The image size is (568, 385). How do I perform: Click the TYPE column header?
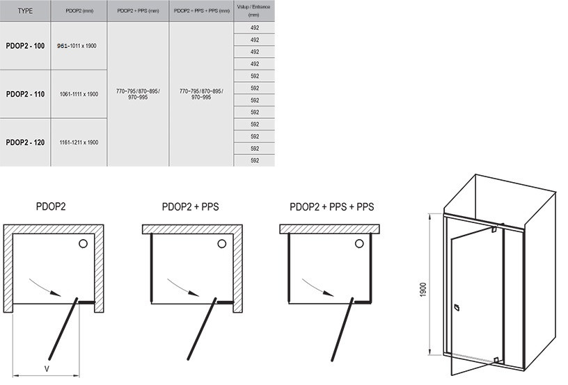coord(25,11)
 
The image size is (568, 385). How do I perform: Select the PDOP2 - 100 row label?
coord(25,46)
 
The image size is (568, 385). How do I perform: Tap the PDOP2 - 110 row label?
coord(25,95)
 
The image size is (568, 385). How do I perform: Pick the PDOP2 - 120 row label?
coord(25,142)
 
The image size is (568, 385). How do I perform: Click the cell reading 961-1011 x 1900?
coord(77,46)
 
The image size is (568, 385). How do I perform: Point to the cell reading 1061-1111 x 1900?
coord(79,95)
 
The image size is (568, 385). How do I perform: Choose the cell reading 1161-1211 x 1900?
coord(79,142)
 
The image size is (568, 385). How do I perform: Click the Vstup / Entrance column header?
coord(253,11)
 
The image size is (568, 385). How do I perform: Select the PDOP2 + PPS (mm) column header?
coord(138,11)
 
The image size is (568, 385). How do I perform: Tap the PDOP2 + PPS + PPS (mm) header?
coord(202,11)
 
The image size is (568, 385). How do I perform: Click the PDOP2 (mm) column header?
coord(79,11)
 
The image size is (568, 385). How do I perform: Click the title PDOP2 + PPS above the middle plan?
coord(191,207)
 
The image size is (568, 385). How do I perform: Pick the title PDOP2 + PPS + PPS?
coord(332,207)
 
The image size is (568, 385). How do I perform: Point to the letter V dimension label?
coord(47,369)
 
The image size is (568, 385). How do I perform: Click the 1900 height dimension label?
coord(423,290)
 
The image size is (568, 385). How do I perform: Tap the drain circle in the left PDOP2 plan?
coord(84,244)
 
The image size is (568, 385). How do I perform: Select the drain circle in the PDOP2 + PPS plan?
coord(221,244)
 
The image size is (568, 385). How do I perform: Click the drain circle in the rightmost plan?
coord(359,244)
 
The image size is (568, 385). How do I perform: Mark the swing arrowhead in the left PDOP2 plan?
coord(56,293)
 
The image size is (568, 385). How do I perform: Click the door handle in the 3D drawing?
coord(457,308)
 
